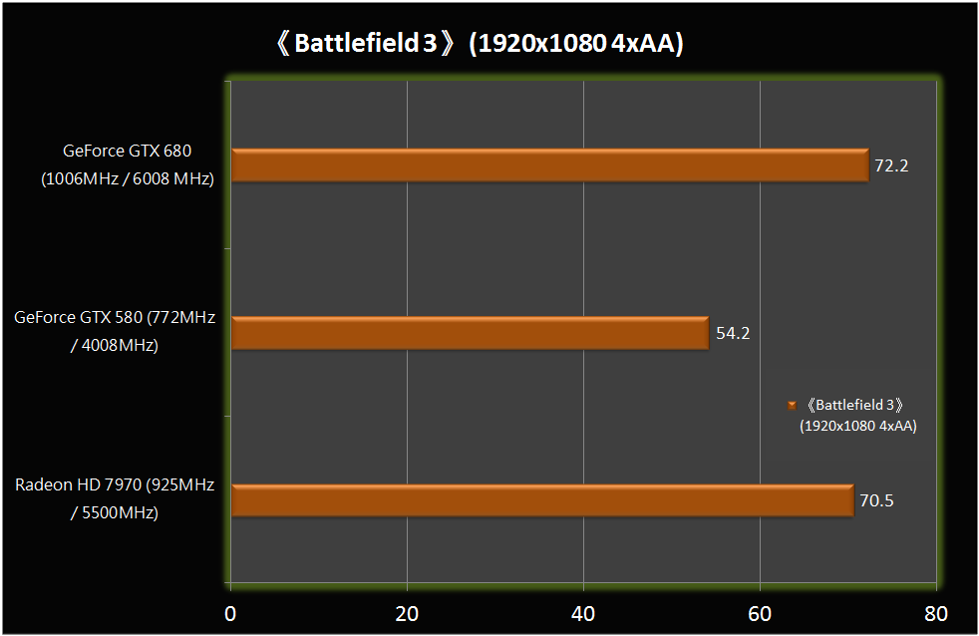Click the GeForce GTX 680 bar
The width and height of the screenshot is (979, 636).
[549, 165]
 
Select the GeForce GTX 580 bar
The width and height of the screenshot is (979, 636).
[470, 333]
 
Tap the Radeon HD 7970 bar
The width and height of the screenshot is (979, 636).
[542, 500]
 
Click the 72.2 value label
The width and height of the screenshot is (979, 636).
[891, 165]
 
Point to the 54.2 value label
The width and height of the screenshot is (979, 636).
[733, 333]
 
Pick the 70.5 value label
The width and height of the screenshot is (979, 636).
[876, 500]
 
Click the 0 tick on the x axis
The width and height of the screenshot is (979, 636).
[230, 612]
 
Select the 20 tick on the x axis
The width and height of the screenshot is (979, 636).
[407, 612]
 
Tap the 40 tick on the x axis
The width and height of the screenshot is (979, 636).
[583, 612]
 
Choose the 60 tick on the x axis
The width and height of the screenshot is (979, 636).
[760, 612]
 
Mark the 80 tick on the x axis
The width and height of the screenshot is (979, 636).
[935, 612]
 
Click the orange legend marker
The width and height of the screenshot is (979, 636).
[791, 405]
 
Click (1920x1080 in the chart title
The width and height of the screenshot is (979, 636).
[528, 45]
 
